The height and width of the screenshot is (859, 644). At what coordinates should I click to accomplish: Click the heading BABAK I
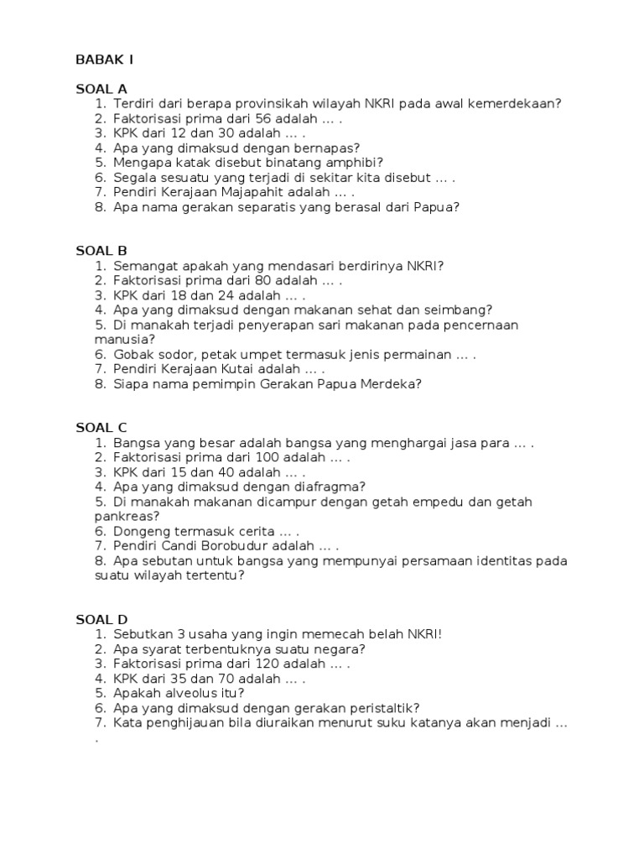[x=104, y=60]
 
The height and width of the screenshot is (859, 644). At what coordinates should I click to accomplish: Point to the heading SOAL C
[x=101, y=428]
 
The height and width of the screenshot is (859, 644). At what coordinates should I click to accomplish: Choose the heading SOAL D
[x=101, y=619]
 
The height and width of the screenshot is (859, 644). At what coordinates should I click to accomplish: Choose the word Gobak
[x=132, y=354]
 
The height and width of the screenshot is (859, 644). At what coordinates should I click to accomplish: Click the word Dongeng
[x=140, y=531]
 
